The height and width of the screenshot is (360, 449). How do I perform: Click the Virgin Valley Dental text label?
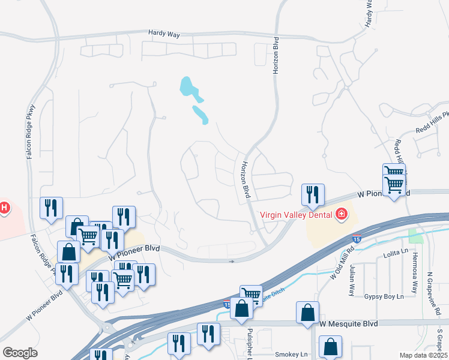click(297, 214)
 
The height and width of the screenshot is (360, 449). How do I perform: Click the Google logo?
click(20, 353)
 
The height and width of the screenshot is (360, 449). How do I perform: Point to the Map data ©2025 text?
click(424, 355)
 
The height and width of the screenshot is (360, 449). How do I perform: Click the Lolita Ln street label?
click(396, 256)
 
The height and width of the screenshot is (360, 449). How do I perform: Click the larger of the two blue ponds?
click(190, 88)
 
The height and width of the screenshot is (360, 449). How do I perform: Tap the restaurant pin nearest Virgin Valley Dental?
click(312, 194)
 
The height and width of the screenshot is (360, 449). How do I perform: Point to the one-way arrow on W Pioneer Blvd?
click(232, 261)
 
